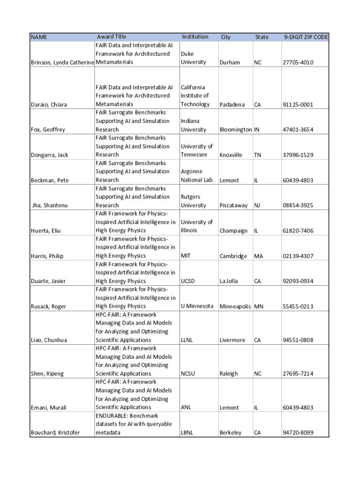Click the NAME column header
(39, 37)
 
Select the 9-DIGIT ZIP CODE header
(305, 37)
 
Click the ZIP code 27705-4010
(297, 62)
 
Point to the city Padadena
(232, 104)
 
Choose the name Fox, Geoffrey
(48, 130)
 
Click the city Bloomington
(236, 130)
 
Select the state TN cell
(258, 155)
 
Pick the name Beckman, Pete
(49, 180)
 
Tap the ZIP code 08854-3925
(297, 205)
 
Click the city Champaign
(233, 231)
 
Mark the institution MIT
(186, 256)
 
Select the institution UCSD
(187, 281)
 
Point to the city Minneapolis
(236, 306)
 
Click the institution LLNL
(187, 340)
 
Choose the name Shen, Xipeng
(47, 374)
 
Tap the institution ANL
(186, 407)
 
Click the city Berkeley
(230, 433)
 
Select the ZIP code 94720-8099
(297, 433)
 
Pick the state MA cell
(259, 256)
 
